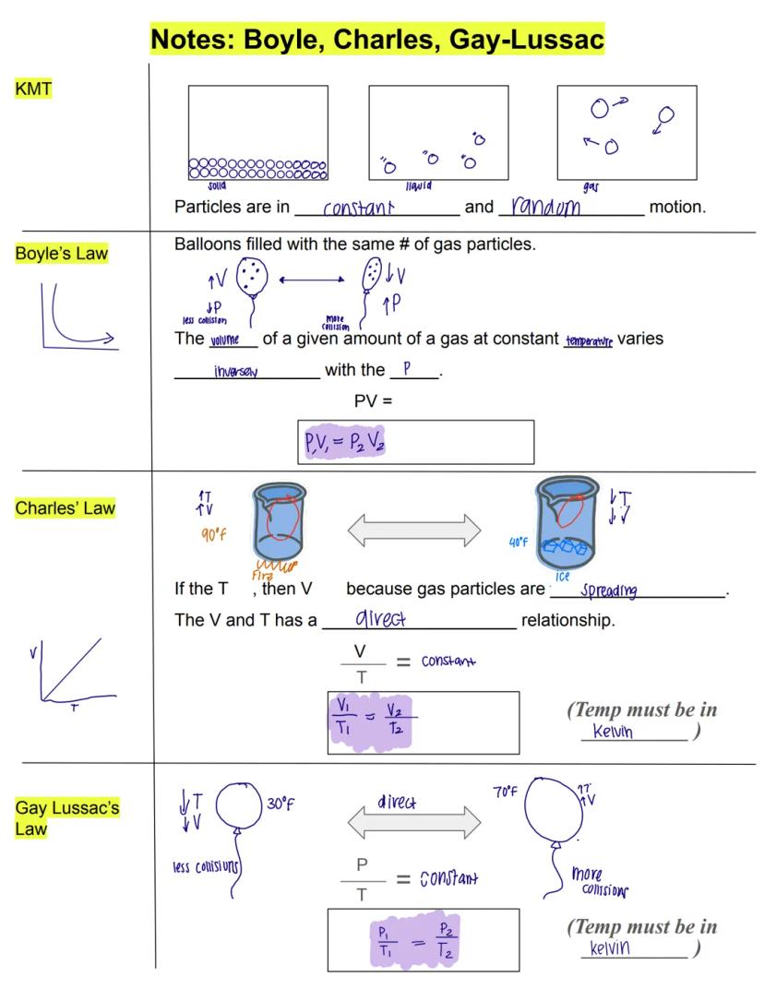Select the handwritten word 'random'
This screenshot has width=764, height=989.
pyautogui.click(x=546, y=206)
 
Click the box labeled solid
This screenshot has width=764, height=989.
pyautogui.click(x=257, y=133)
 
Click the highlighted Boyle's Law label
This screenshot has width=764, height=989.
pyautogui.click(x=61, y=254)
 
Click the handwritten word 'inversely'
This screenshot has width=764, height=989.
pyautogui.click(x=235, y=372)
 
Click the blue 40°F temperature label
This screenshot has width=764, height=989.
pyautogui.click(x=518, y=542)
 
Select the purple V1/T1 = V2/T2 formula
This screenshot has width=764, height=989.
pyautogui.click(x=369, y=721)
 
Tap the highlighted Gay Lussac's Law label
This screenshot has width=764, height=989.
pyautogui.click(x=66, y=817)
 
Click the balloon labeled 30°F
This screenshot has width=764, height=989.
pyautogui.click(x=239, y=806)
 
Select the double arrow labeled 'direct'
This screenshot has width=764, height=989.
pyautogui.click(x=413, y=819)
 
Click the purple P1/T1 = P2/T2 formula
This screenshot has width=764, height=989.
pyautogui.click(x=414, y=938)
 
